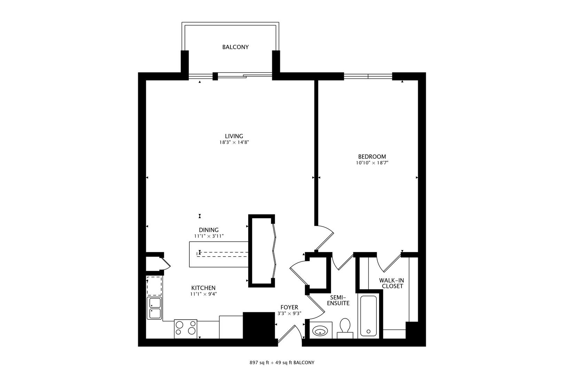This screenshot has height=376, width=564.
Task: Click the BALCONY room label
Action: click(235, 47)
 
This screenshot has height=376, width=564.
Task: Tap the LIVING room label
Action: click(234, 136)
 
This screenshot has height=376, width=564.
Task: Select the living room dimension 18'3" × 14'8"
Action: click(234, 142)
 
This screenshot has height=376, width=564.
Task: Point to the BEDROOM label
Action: click(372, 156)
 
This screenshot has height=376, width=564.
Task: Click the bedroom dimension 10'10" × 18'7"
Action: click(372, 163)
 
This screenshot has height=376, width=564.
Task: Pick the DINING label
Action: click(209, 230)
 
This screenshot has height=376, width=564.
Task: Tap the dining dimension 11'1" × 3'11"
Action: click(209, 236)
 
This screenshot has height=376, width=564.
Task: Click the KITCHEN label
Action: click(203, 288)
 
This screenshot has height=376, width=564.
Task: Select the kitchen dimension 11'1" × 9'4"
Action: click(203, 294)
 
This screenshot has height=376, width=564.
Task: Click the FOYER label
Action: click(289, 307)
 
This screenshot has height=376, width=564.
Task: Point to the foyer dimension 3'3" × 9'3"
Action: click(289, 314)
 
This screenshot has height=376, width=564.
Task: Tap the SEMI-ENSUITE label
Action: click(338, 300)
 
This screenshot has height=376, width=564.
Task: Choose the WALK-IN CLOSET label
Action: click(392, 283)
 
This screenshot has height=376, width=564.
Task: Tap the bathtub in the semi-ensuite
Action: click(368, 316)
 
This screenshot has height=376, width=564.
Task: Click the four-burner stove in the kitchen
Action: click(185, 329)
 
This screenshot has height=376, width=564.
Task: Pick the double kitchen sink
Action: click(154, 308)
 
